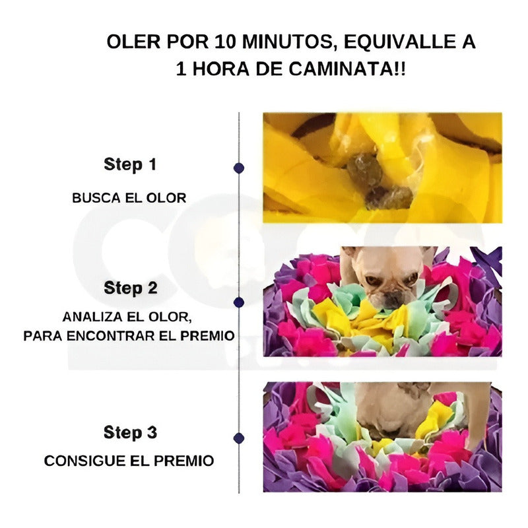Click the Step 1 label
point(130,165)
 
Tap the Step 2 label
point(130,288)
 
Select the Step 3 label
point(130,433)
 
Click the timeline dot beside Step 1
point(239,168)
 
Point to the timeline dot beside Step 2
point(239,302)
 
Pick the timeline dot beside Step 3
point(239,438)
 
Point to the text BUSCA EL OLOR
point(129,197)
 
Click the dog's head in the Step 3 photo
point(386,409)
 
